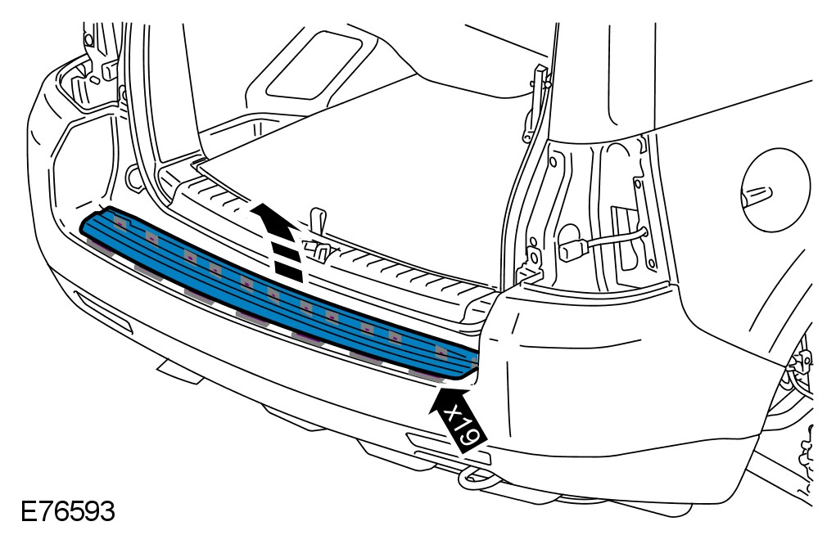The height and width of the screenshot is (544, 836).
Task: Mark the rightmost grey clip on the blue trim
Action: pyautogui.click(x=426, y=372)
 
